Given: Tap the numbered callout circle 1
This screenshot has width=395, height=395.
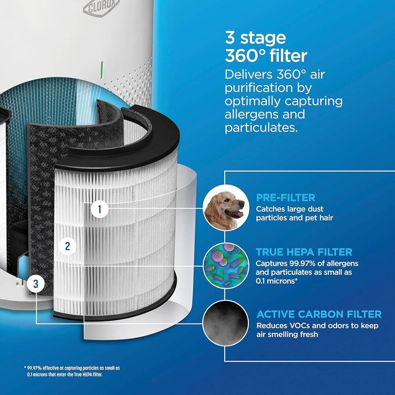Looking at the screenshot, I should (x=100, y=209).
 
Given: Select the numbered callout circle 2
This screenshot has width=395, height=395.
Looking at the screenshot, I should (x=68, y=246).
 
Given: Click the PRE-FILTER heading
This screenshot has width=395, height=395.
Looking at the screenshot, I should (x=286, y=197).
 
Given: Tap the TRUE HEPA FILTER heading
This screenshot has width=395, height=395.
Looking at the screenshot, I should (x=304, y=252).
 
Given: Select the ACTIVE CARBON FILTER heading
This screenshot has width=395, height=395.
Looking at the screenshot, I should (x=319, y=314).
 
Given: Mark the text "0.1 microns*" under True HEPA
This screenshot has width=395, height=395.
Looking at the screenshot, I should (x=276, y=280).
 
